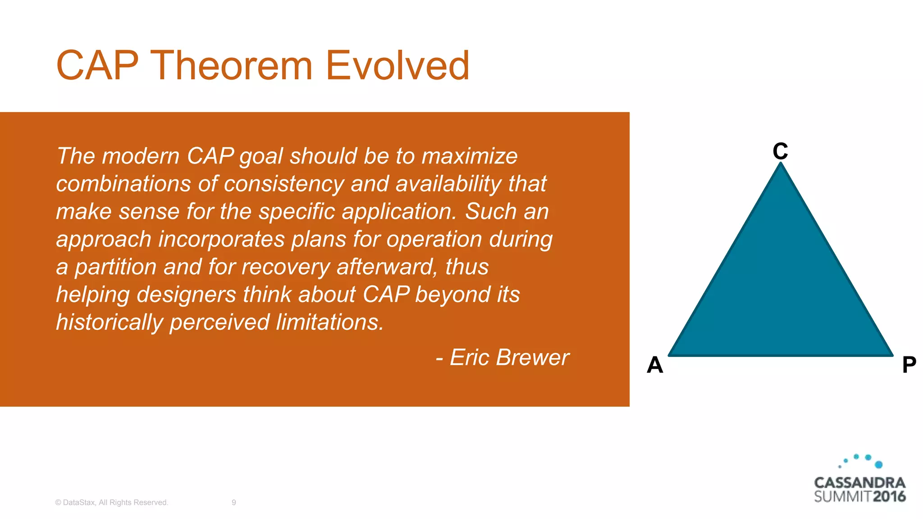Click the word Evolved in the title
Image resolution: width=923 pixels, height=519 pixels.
[x=397, y=66]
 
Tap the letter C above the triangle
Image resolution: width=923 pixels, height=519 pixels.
[x=780, y=151]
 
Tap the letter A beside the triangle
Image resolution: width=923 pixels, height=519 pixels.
[x=655, y=364]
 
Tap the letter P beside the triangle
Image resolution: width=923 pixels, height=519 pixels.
[x=909, y=364]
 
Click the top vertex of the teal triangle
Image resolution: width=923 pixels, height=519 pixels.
[x=781, y=165]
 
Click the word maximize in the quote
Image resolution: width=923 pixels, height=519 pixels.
[x=469, y=156]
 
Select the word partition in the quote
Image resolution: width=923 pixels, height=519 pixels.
[x=115, y=267]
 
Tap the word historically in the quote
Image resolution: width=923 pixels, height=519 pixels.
[x=110, y=323]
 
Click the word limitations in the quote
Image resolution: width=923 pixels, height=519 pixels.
[x=329, y=323]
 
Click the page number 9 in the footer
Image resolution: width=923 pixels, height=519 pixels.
[x=233, y=502]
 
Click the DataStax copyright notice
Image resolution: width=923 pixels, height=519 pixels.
[x=111, y=502]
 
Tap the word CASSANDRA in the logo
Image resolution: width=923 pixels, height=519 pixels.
[x=859, y=483]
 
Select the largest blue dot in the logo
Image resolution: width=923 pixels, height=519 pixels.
[x=878, y=464]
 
